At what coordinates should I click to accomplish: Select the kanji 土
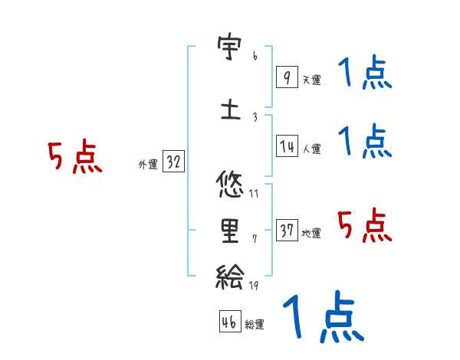(x=230, y=110)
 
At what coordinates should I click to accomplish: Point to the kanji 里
(x=230, y=231)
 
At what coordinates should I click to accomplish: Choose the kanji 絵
(x=230, y=277)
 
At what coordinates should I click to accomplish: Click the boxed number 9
(x=286, y=77)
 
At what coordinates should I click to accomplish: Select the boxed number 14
(x=286, y=146)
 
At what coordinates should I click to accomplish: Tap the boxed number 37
(x=287, y=231)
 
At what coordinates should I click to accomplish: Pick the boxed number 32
(x=173, y=162)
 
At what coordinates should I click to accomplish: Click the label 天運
(x=311, y=80)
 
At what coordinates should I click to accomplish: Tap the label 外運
(x=147, y=165)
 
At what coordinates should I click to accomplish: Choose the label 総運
(x=255, y=325)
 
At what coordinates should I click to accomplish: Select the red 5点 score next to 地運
(x=365, y=225)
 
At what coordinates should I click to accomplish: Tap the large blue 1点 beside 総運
(x=323, y=317)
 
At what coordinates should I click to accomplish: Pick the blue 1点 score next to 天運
(x=365, y=73)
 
